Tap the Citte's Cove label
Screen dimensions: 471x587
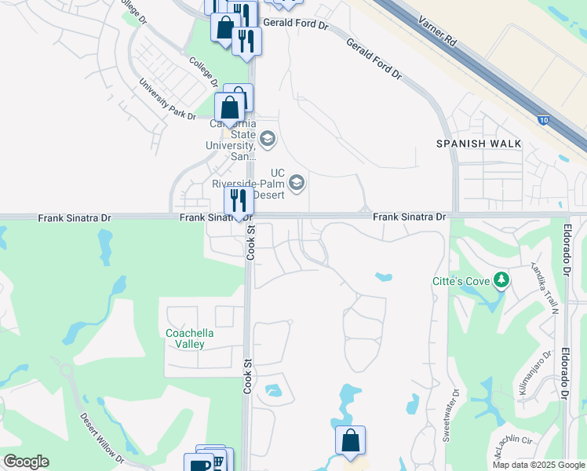coord(461,281)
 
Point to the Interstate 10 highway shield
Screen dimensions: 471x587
coord(543,119)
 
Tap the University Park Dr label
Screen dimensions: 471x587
coord(167,100)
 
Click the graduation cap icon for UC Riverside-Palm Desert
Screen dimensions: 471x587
coord(297,183)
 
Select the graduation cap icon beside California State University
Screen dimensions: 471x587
coord(268,140)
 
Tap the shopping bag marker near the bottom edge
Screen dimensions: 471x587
coord(350,440)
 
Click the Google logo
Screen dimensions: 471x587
coord(26,461)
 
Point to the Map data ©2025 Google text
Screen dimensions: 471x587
coord(538,465)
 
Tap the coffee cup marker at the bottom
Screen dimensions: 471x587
coord(197,465)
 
